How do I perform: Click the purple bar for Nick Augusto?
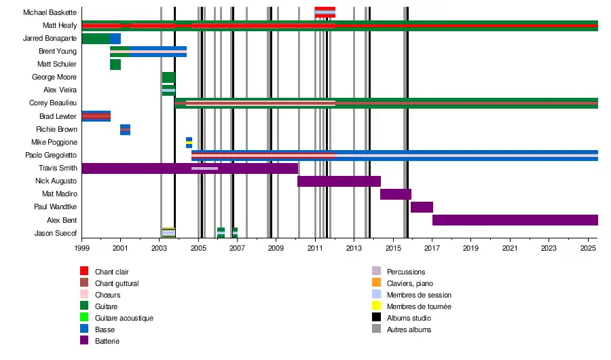click(x=339, y=181)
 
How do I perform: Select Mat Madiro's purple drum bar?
click(x=395, y=194)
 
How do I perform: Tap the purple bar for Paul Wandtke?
click(x=422, y=207)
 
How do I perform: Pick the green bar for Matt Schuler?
click(x=115, y=65)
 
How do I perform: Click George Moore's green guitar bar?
click(x=168, y=77)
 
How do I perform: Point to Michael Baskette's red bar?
click(x=325, y=12)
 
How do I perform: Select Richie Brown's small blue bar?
click(x=125, y=130)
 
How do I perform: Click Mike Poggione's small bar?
click(x=189, y=143)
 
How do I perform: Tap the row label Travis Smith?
click(x=58, y=168)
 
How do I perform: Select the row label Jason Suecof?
click(x=56, y=234)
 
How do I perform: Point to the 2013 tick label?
click(x=354, y=249)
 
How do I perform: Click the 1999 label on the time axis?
click(x=81, y=249)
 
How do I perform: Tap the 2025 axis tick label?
click(x=588, y=249)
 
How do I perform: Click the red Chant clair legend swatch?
click(x=84, y=272)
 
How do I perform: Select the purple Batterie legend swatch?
click(x=84, y=341)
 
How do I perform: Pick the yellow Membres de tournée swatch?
click(x=376, y=306)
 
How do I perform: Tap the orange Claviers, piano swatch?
click(x=376, y=283)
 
